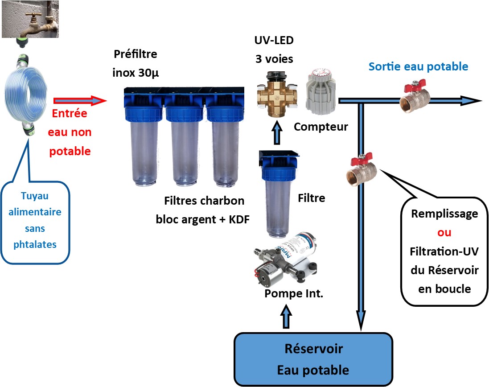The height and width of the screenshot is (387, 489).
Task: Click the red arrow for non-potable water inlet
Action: click(80, 101)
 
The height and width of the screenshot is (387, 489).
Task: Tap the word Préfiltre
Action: click(136, 55)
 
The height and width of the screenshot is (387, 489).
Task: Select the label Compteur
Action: click(321, 127)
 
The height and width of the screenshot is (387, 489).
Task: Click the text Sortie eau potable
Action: click(418, 67)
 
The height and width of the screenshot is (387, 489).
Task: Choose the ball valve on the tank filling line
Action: click(361, 170)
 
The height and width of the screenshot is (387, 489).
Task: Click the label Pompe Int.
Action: click(294, 294)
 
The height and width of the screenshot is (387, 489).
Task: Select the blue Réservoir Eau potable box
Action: click(313, 359)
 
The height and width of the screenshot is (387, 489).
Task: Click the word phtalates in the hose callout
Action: click(41, 244)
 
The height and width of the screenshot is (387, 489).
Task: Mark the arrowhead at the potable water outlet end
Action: click(473, 101)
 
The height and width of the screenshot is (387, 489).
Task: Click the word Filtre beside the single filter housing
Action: click(311, 198)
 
